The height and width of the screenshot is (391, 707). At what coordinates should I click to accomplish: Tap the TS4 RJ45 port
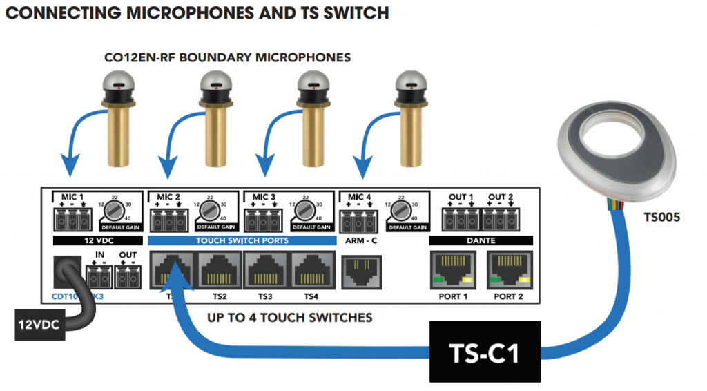tap(312, 270)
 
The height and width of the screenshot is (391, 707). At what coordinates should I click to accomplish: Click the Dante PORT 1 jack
tap(453, 270)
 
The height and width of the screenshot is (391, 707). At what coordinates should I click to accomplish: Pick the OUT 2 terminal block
tap(499, 218)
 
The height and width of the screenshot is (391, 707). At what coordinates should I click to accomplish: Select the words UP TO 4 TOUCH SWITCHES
tap(290, 318)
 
